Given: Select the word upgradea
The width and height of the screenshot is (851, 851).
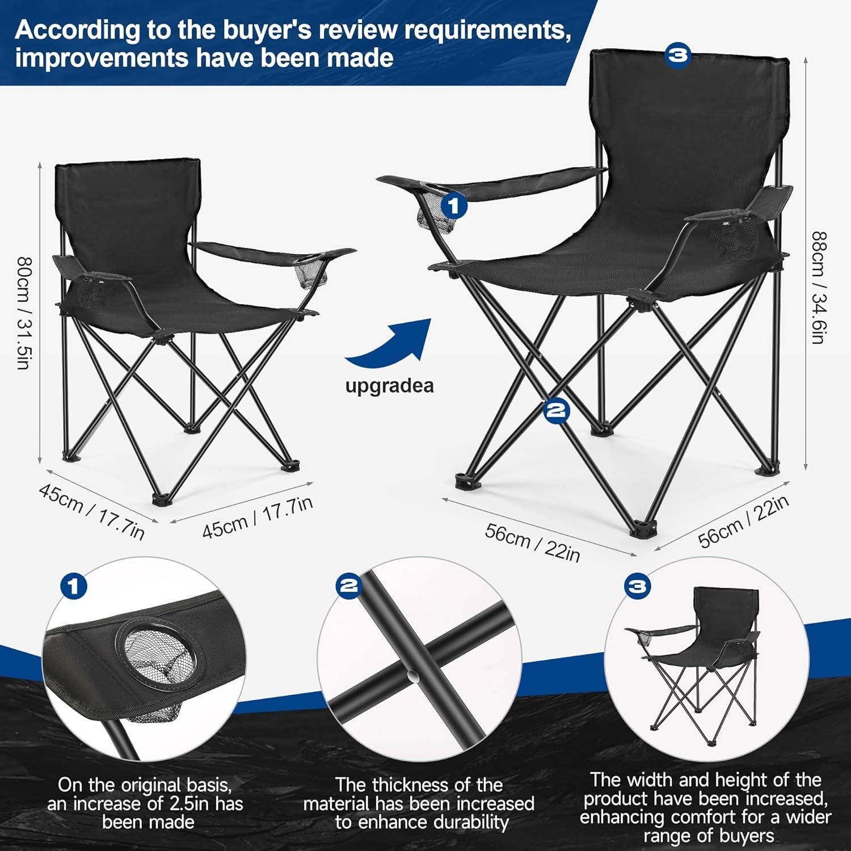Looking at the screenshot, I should [389, 386].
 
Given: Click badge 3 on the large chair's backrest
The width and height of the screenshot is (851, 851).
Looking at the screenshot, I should [677, 56].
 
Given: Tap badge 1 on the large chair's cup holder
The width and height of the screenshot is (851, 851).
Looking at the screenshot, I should [454, 206].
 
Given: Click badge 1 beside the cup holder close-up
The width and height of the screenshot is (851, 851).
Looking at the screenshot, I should [73, 585].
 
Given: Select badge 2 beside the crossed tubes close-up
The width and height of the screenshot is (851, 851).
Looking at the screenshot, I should [348, 585].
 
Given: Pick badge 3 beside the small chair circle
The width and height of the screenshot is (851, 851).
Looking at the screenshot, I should [637, 585].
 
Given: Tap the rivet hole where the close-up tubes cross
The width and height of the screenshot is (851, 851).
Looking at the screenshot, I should [412, 677].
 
